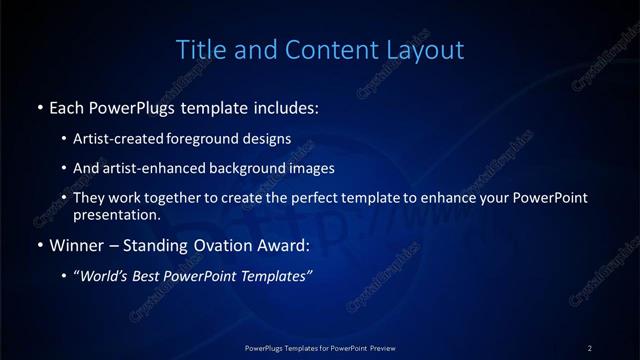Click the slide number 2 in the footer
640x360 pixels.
590,347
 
